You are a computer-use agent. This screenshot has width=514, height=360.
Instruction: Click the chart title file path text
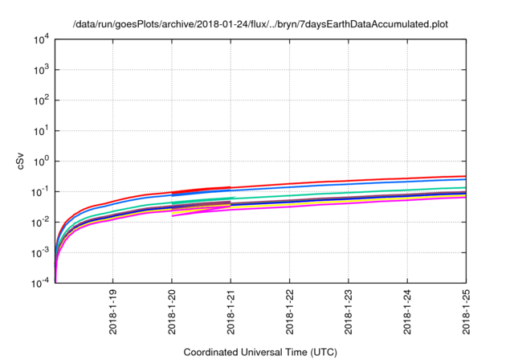click(259, 24)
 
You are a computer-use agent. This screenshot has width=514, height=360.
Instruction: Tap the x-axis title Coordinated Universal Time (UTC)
click(259, 352)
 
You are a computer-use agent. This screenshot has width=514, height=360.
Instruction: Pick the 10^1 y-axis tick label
click(43, 130)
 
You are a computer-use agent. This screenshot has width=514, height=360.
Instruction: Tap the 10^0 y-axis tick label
click(43, 161)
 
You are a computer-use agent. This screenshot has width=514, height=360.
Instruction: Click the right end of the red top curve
click(466, 176)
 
